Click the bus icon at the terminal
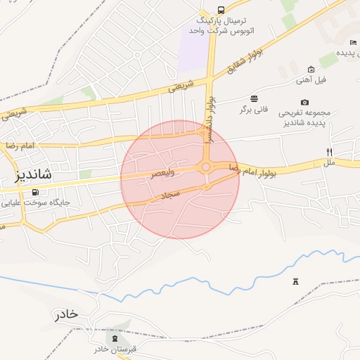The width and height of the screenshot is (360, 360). [x=221, y=10]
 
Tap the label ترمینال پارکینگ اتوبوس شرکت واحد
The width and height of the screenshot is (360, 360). [x=219, y=25]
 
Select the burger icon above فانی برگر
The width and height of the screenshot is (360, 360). [x=253, y=98]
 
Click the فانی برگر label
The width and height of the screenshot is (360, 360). [x=254, y=110]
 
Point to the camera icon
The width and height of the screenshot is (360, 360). [x=304, y=102]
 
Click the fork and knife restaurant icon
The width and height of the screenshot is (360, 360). [x=329, y=152]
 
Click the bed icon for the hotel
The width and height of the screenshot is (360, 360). [x=352, y=42]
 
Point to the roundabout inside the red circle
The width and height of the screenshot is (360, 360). [x=206, y=167]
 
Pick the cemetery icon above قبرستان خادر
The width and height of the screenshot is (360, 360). [x=113, y=338]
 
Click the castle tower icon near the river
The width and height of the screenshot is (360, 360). [x=295, y=282]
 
